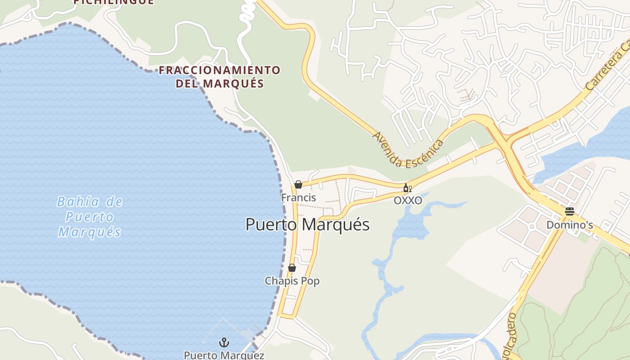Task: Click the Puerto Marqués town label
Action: tap(307, 225)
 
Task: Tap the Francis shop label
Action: tap(298, 198)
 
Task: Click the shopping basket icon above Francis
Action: tap(298, 184)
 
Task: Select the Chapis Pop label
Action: tap(292, 281)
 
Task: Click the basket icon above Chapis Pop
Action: tap(292, 268)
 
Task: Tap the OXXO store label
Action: tap(408, 200)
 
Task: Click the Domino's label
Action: tap(569, 225)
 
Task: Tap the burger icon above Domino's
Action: tap(570, 211)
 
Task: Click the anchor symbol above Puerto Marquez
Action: tap(224, 343)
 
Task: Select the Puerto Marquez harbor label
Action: tap(224, 355)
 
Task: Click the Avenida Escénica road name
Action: tap(408, 150)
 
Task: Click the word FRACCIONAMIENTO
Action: tap(220, 70)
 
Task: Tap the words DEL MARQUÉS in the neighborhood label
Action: tap(220, 83)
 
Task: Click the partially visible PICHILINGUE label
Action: tap(113, 2)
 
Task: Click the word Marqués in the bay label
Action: tap(90, 232)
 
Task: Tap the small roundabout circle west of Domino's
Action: tap(531, 226)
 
